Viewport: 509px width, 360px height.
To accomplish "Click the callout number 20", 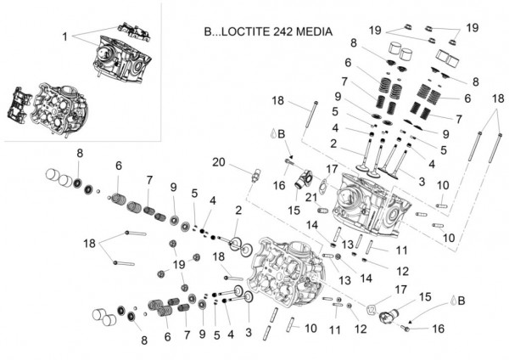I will pyautogui.click(x=219, y=162).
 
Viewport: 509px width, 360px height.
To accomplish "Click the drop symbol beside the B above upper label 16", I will pyautogui.click(x=272, y=134).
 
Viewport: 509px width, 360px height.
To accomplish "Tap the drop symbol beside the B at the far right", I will pyautogui.click(x=455, y=300).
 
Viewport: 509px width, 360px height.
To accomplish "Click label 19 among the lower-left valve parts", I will pyautogui.click(x=179, y=265).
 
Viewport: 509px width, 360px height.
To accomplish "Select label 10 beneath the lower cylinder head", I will pyautogui.click(x=311, y=328).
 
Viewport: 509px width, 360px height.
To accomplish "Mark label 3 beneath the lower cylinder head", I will pyautogui.click(x=249, y=330).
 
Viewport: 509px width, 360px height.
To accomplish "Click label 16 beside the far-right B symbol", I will pyautogui.click(x=438, y=328).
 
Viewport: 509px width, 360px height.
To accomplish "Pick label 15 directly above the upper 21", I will pyautogui.click(x=295, y=210).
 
